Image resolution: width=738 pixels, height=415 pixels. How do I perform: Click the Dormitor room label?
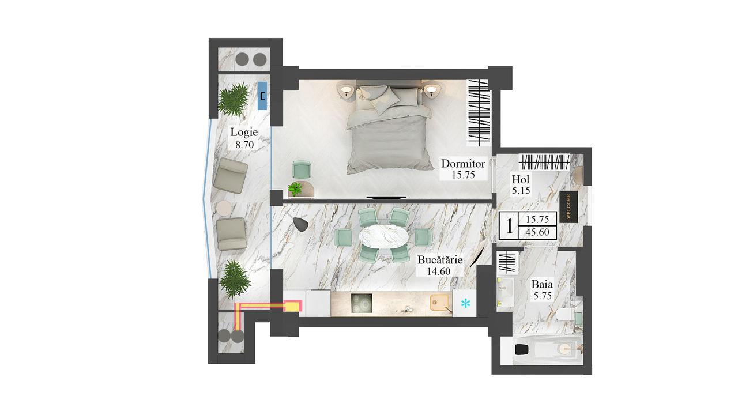463,164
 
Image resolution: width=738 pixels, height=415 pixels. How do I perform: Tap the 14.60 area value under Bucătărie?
439,271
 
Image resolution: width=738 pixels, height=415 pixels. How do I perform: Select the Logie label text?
244,133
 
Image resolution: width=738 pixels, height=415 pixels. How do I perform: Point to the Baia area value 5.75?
543,296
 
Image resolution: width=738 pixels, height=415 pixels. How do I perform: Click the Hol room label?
521,179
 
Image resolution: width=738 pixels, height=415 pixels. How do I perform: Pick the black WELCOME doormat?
568,207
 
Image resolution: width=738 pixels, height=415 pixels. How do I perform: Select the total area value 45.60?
537,232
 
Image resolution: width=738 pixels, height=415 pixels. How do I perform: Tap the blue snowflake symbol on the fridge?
465,303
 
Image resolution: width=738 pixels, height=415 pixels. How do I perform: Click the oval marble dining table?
383,236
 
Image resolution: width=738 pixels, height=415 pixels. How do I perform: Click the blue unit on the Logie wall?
262,96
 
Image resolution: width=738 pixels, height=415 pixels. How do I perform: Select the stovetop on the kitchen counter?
362,303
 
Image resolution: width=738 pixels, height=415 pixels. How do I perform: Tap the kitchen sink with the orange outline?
439,303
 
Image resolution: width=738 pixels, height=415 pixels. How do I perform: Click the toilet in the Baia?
566,315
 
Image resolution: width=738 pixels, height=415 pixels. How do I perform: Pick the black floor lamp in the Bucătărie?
300,224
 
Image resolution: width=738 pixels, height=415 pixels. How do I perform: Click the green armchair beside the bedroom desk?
302,169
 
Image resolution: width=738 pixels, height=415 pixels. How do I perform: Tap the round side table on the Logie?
224,208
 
